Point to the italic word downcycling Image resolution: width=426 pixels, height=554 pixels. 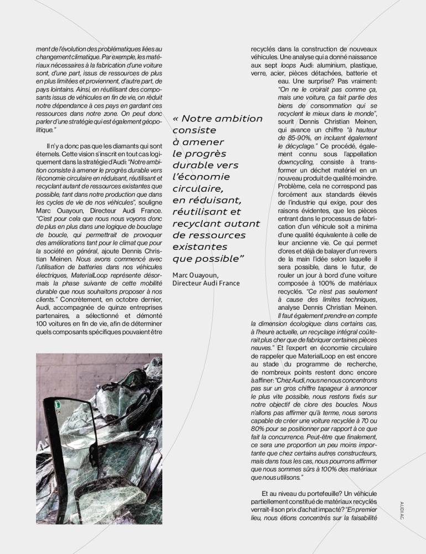[x=294, y=161]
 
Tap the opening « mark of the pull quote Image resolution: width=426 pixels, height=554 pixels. [x=176, y=119]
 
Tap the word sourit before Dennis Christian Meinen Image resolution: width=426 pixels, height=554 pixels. [x=289, y=121]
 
